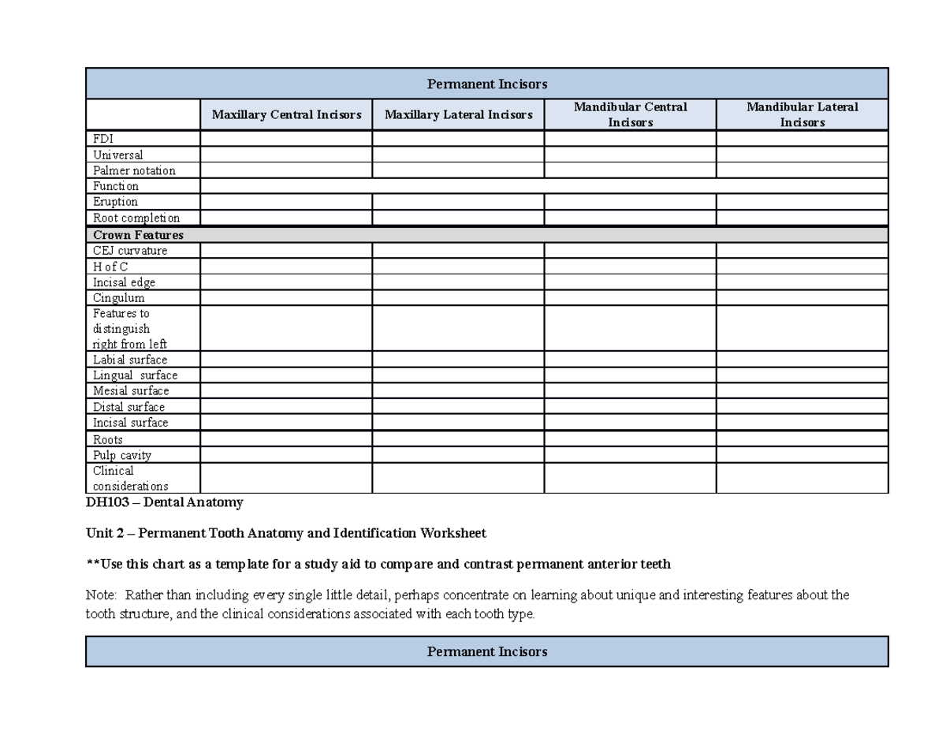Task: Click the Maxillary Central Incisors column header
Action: (x=286, y=115)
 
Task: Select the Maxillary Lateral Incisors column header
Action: (x=458, y=115)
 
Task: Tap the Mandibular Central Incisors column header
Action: (x=630, y=114)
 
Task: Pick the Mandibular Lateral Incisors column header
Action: (x=802, y=114)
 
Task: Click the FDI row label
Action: (x=103, y=139)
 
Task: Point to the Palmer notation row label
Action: (x=134, y=170)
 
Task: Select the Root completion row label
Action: (x=136, y=218)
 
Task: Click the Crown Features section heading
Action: (x=138, y=235)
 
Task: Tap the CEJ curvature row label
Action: (x=130, y=251)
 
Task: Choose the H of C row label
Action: (x=110, y=267)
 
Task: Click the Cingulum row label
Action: (x=118, y=298)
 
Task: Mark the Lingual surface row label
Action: (x=135, y=375)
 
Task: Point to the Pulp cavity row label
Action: (x=122, y=455)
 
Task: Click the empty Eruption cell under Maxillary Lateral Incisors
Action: (x=458, y=202)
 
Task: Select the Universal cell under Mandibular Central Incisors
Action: (x=630, y=155)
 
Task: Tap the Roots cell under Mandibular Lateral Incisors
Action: (x=802, y=439)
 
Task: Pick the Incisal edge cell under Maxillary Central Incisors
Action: (x=286, y=282)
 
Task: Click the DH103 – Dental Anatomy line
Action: (x=165, y=502)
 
